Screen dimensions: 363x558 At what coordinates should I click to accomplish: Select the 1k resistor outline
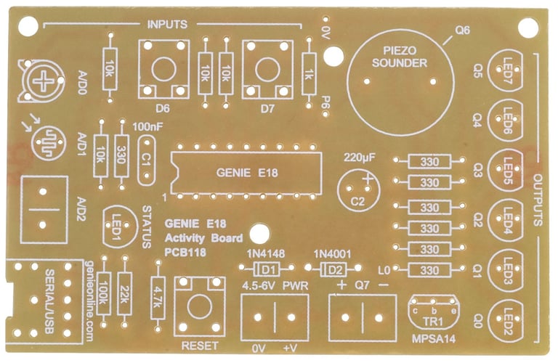pyautogui.click(x=310, y=73)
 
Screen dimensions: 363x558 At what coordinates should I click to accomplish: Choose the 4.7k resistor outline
pyautogui.click(x=157, y=295)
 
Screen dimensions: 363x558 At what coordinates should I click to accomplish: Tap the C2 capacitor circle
pyautogui.click(x=359, y=190)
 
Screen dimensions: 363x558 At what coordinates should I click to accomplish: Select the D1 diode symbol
pyautogui.click(x=267, y=268)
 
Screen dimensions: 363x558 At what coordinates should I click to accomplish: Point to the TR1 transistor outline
pyautogui.click(x=434, y=311)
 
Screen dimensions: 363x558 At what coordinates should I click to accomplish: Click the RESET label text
pyautogui.click(x=198, y=346)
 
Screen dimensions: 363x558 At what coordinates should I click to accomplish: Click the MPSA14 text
pyautogui.click(x=433, y=339)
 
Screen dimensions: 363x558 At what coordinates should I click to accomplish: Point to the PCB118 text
pyautogui.click(x=186, y=252)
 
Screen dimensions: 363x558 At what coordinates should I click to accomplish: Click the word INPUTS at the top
pyautogui.click(x=167, y=24)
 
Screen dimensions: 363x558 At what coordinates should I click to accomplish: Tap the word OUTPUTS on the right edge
pyautogui.click(x=538, y=200)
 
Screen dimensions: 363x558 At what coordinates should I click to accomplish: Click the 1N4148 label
pyautogui.click(x=266, y=253)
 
